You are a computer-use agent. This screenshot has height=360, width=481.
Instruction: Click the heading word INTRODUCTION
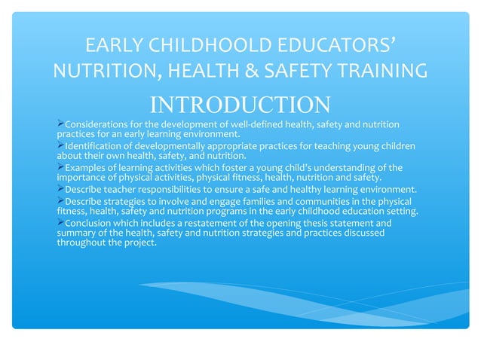[x=240, y=104]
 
